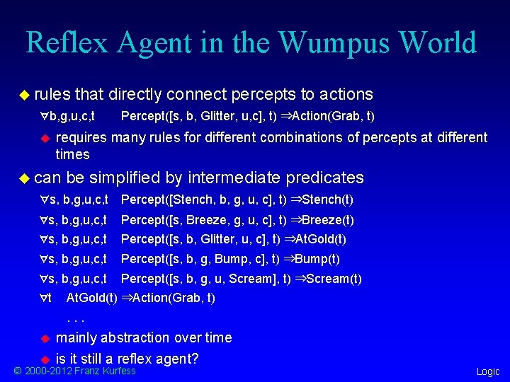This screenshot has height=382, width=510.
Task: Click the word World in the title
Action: pyautogui.click(x=438, y=42)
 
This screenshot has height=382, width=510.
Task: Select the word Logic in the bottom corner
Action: pyautogui.click(x=487, y=371)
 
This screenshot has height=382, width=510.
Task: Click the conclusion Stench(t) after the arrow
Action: pyautogui.click(x=328, y=199)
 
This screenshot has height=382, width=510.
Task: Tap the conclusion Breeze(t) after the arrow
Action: pyautogui.click(x=328, y=220)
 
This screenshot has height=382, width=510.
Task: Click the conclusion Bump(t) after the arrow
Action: pyautogui.click(x=317, y=259)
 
